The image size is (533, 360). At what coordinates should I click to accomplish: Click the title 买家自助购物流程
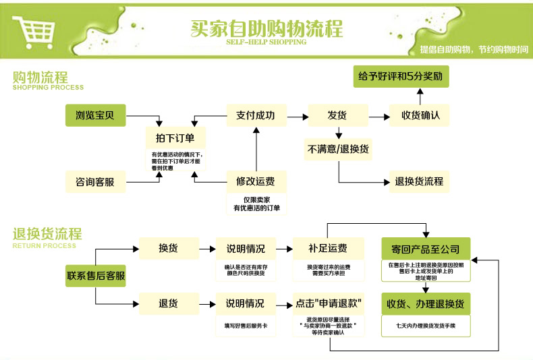(266, 28)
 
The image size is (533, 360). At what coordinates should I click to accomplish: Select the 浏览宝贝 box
(95, 115)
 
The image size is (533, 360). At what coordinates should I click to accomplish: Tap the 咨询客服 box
(95, 182)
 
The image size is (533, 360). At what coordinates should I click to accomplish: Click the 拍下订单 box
(175, 138)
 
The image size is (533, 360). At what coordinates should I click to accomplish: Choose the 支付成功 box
(256, 115)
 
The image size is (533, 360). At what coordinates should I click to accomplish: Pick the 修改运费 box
(256, 181)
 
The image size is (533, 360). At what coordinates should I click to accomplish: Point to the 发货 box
(337, 115)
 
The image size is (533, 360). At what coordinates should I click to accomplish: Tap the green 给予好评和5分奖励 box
(401, 77)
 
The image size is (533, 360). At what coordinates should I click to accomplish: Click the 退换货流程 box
(419, 181)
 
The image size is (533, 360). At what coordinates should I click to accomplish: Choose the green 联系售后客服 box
(96, 276)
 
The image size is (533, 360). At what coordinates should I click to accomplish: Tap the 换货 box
(168, 248)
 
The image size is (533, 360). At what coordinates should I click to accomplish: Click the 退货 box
(168, 303)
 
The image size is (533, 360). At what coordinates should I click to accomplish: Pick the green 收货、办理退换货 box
(425, 303)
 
